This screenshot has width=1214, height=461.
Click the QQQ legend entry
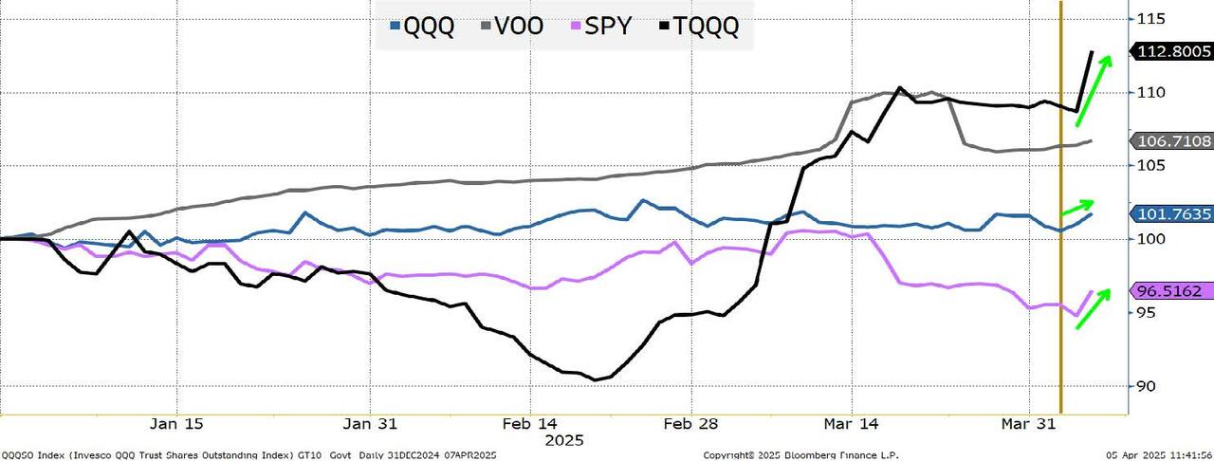pyautogui.click(x=423, y=26)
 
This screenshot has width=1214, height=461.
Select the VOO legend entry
pyautogui.click(x=511, y=26)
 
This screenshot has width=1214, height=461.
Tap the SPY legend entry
pyautogui.click(x=600, y=26)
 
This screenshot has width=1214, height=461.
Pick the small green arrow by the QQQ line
pyautogui.click(x=1077, y=206)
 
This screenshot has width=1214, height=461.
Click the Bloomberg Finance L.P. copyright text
pyautogui.click(x=802, y=455)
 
